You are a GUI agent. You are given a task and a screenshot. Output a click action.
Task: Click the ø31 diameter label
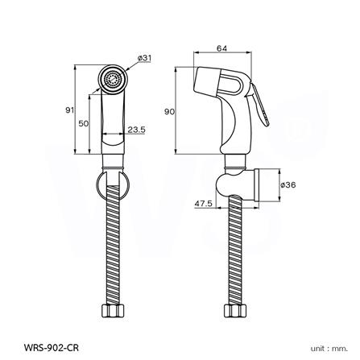(144, 58)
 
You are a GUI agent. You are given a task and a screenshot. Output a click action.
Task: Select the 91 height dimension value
(70, 110)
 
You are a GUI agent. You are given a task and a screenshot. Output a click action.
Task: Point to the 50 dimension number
(84, 123)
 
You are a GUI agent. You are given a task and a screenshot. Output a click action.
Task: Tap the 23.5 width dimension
(136, 130)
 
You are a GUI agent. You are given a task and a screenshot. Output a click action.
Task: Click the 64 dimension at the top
(222, 48)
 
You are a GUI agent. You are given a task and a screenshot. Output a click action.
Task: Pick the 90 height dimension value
(169, 112)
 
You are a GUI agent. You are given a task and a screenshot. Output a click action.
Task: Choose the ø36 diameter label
(288, 185)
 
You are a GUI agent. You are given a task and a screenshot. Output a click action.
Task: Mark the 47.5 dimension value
(204, 204)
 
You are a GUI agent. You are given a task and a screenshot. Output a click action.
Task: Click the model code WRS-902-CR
(52, 348)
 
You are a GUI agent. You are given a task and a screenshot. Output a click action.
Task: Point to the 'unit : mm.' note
(329, 349)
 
